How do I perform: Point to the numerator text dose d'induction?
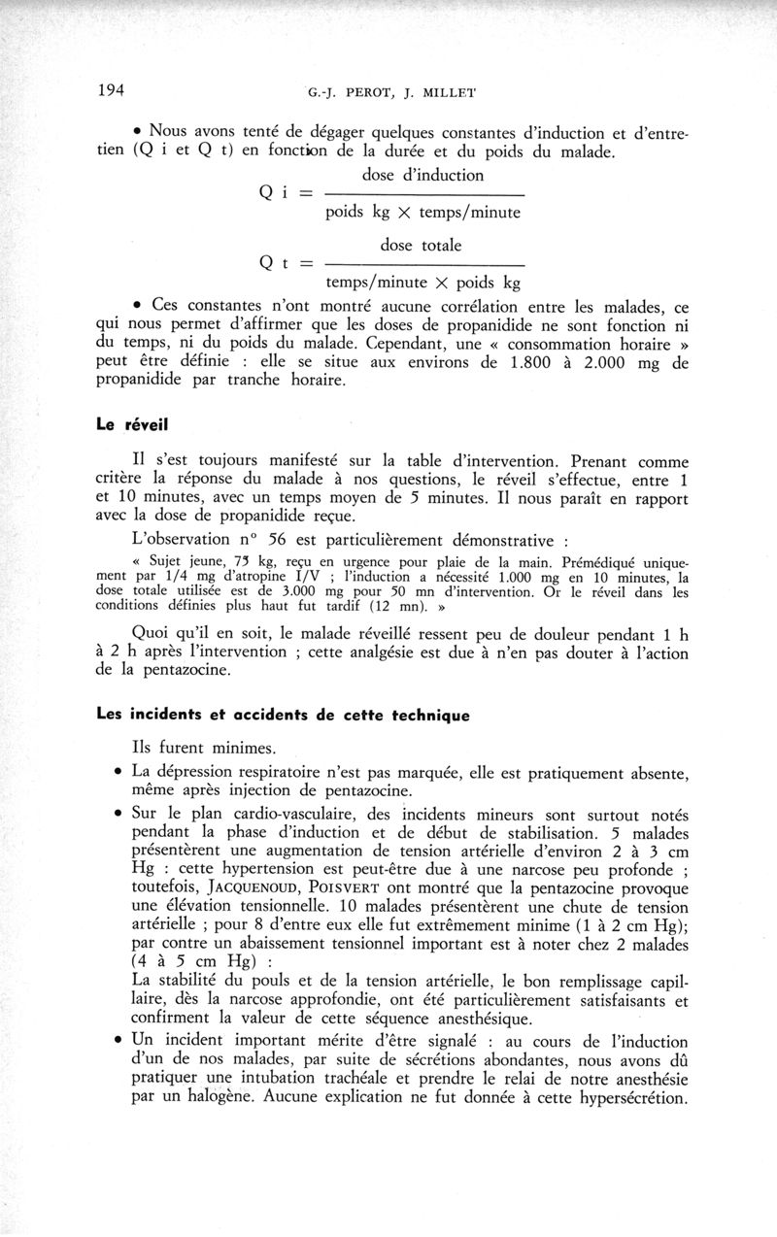click(422, 176)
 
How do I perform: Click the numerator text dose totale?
click(422, 246)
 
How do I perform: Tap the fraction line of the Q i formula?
click(422, 193)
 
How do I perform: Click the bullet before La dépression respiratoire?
click(118, 774)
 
